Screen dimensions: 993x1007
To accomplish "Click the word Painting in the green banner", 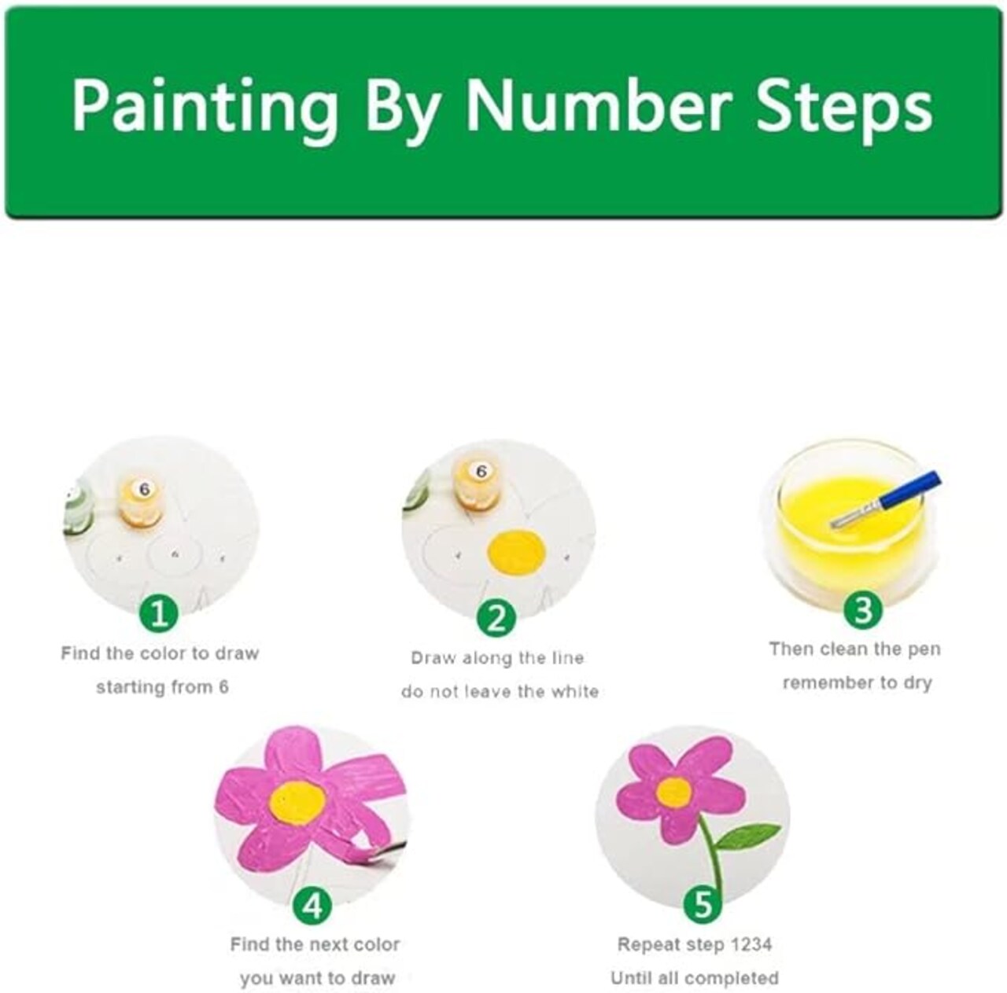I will coord(205,108).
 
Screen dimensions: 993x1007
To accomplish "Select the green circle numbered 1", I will coord(159,614).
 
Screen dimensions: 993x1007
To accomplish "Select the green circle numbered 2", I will coord(496,618).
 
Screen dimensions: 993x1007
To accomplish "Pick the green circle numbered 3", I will coord(862,609).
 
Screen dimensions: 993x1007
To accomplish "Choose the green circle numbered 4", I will coord(313,906).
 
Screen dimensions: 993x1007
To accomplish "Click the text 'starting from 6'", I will coord(162,687).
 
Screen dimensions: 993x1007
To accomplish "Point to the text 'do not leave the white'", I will coord(500,692).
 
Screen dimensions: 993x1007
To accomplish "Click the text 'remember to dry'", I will coord(857,683).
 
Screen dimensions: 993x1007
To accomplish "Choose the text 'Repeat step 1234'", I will coord(694,944).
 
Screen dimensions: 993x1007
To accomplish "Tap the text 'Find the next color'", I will coord(315,944).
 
